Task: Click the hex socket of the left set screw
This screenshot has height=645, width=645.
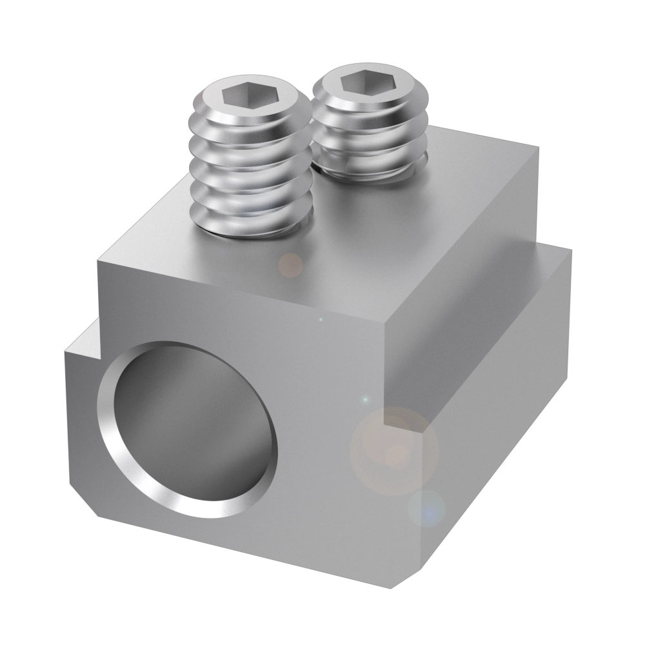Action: [241, 97]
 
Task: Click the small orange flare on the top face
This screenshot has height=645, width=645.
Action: [290, 264]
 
